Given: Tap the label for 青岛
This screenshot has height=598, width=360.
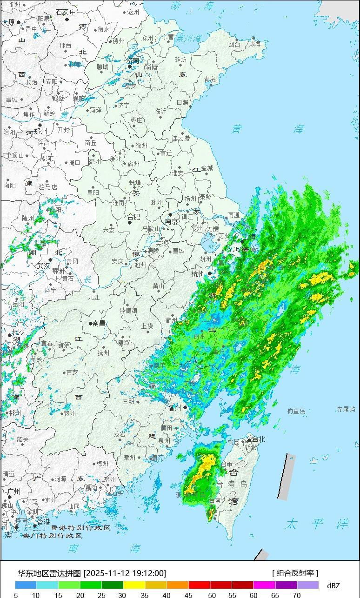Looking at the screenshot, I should click(x=210, y=80).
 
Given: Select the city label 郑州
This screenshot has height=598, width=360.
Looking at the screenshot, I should click(x=49, y=126).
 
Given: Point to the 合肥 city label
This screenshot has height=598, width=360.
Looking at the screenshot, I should click(x=133, y=216).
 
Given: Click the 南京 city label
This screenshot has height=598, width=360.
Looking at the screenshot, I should click(x=172, y=222).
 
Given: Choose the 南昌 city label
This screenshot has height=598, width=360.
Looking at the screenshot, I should click(x=100, y=323).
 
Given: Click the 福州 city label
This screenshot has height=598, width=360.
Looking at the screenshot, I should click(x=174, y=408).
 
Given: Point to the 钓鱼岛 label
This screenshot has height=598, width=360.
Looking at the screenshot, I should click(x=296, y=411).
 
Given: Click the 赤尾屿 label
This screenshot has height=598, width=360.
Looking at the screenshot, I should click(x=346, y=409).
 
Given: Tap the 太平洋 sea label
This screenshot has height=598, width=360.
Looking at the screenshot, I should click(x=317, y=524).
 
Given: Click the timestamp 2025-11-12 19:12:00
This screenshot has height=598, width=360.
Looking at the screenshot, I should click(x=125, y=573).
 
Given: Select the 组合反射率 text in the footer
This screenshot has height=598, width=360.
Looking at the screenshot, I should click(x=295, y=573).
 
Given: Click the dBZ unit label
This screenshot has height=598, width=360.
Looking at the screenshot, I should click(x=333, y=585).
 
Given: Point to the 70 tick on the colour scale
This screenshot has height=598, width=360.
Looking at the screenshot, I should click(x=296, y=595).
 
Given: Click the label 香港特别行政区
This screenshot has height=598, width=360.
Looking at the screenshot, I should click(x=80, y=528).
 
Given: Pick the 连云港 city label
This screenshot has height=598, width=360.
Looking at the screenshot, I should click(x=181, y=138).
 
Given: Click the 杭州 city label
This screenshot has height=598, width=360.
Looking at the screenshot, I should click(x=198, y=274).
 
